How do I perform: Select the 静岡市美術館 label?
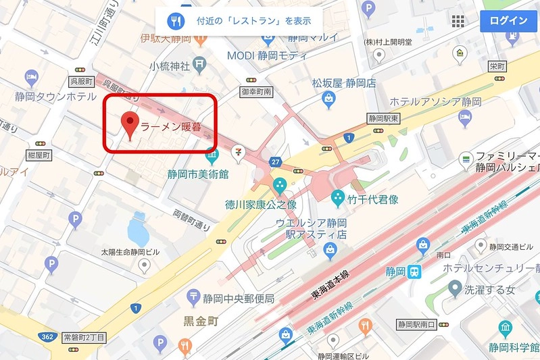[x=198, y=174]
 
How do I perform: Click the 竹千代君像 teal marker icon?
[x=337, y=198]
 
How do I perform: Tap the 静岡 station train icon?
[x=414, y=272]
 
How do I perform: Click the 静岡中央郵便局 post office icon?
[x=195, y=297]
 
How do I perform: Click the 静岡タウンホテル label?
[x=55, y=97]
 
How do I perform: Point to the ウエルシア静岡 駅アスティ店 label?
[x=311, y=228]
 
